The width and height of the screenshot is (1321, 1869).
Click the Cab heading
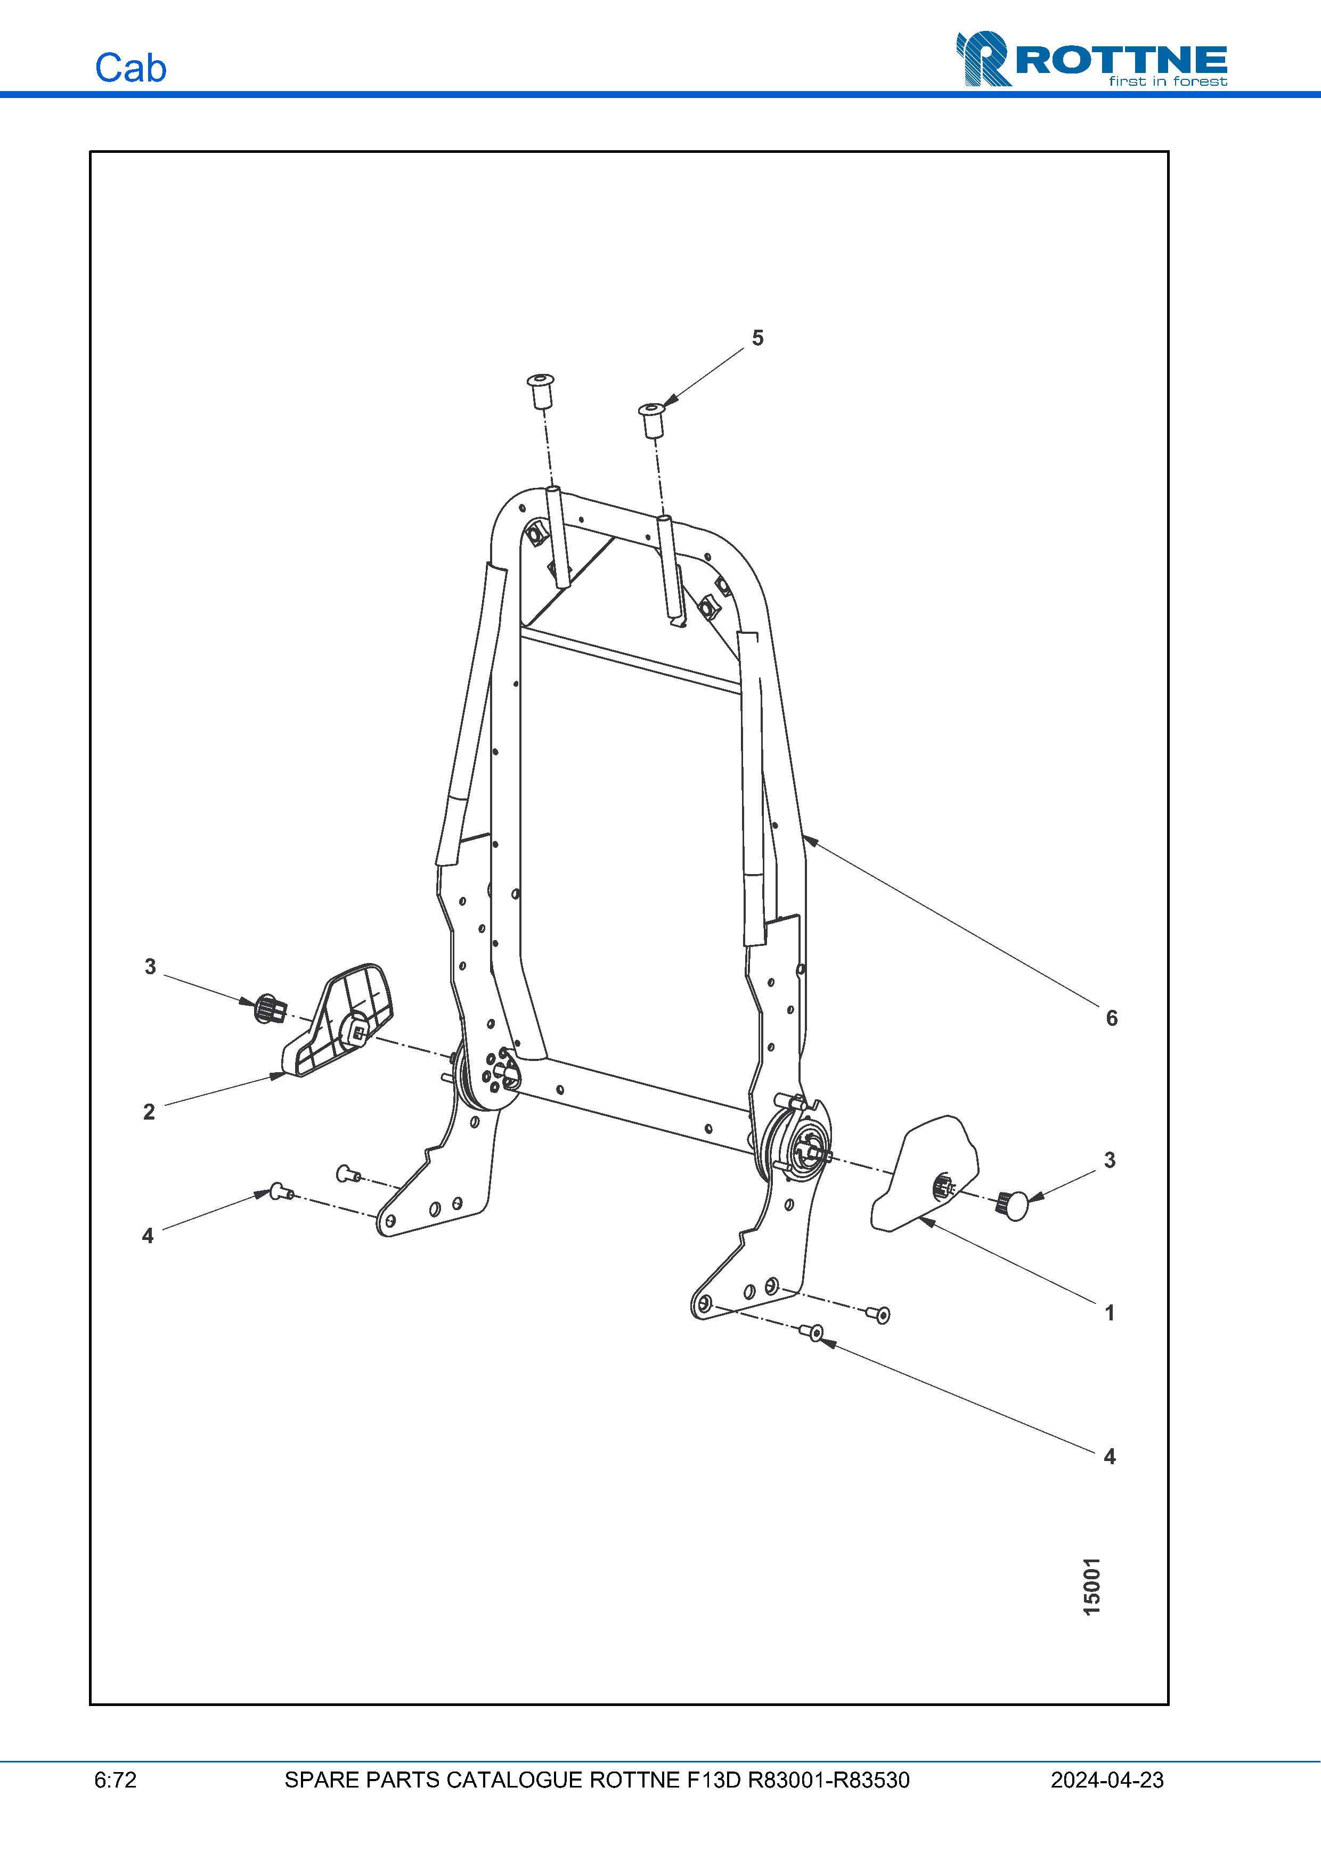tap(130, 68)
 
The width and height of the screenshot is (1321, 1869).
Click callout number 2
tap(149, 1112)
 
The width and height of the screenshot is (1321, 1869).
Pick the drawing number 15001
tap(1091, 1587)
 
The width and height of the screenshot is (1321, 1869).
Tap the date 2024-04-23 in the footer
tap(1107, 1780)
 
